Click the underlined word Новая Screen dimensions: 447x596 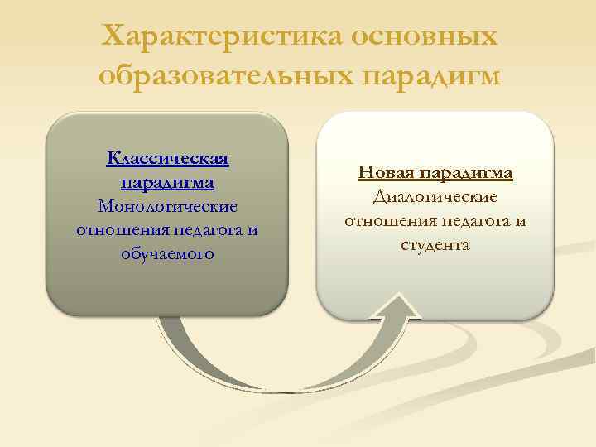click(387, 173)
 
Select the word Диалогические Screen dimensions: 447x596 click(435, 197)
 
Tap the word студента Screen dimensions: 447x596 click(435, 245)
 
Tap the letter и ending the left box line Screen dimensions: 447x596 click(252, 229)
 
